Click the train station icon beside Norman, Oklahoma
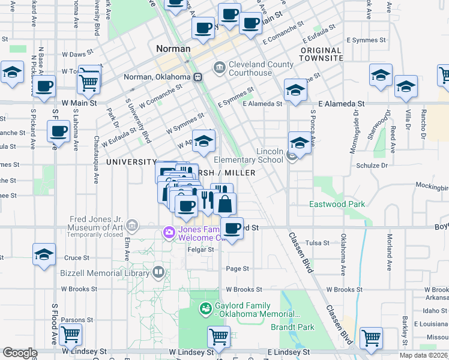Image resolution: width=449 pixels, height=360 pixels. (197, 77)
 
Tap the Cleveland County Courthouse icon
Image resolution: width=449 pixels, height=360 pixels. (219, 67)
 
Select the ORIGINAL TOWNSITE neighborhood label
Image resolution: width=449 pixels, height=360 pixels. (321, 55)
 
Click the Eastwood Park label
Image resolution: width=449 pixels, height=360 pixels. (337, 205)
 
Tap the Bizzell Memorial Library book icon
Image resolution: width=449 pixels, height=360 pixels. (158, 272)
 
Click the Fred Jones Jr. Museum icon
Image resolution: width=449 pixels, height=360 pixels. (132, 227)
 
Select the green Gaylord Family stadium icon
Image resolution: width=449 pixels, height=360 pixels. (205, 310)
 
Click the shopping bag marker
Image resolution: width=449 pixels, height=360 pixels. (224, 204)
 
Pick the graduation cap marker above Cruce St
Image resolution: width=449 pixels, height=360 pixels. (44, 254)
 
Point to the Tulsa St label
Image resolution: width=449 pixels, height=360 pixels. (317, 243)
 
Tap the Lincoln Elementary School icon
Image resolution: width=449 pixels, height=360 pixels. (292, 157)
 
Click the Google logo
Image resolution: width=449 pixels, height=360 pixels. (20, 353)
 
